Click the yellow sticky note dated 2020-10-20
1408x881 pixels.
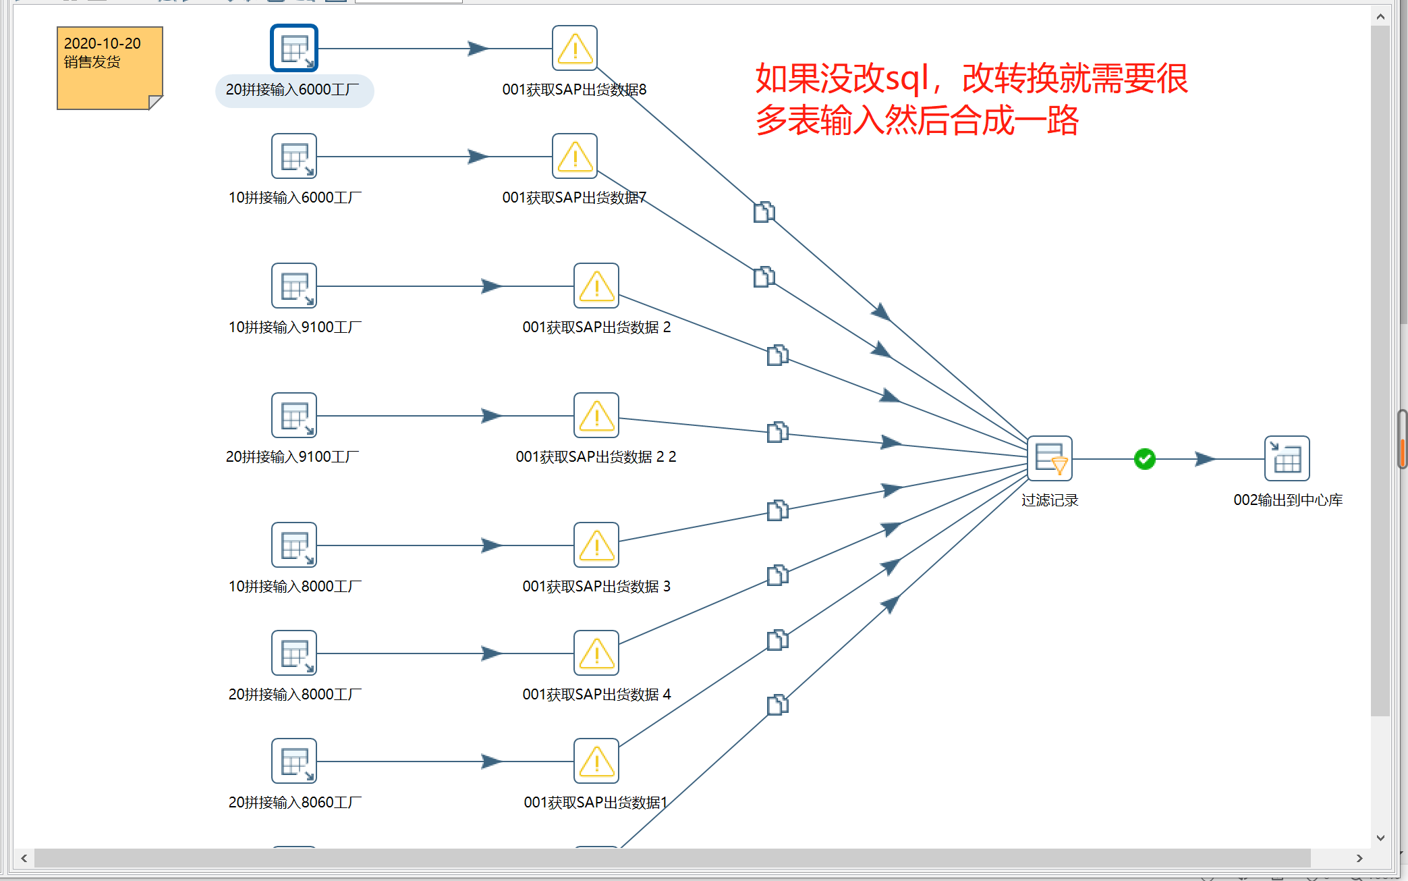(x=110, y=68)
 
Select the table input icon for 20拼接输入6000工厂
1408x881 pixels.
(x=294, y=48)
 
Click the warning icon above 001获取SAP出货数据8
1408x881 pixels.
(x=575, y=48)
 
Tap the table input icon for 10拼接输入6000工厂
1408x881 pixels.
(x=294, y=156)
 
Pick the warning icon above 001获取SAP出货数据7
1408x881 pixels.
(x=575, y=156)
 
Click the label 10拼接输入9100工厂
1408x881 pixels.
(x=295, y=327)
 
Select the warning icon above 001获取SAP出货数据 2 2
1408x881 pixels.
(x=596, y=415)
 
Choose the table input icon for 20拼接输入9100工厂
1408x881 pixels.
(x=294, y=415)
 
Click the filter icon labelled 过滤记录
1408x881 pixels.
(x=1050, y=458)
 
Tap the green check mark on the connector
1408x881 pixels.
(x=1145, y=459)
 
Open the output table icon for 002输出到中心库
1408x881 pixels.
(x=1287, y=458)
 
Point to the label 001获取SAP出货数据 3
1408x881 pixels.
(x=596, y=587)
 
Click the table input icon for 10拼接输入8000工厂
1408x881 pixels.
(x=294, y=545)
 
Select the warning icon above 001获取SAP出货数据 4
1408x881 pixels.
(x=596, y=653)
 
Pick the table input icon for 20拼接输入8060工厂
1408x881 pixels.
(x=294, y=761)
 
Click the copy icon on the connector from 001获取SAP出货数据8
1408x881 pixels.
(x=764, y=212)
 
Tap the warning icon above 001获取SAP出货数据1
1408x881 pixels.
(x=596, y=761)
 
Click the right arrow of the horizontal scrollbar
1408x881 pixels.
(x=1359, y=858)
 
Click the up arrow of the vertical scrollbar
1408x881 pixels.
(x=1380, y=16)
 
